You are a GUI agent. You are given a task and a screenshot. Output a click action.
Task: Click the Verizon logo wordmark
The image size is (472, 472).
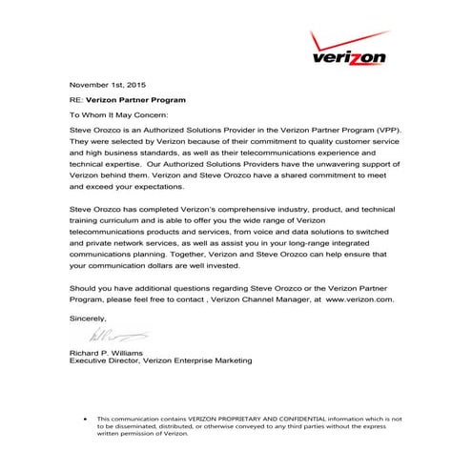349,57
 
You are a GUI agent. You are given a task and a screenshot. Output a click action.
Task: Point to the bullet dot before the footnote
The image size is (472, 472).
87,419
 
